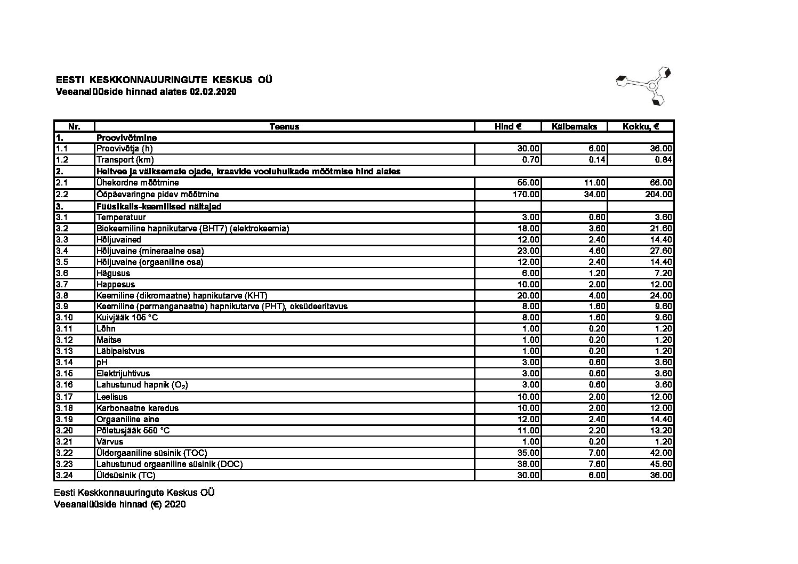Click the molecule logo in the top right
pyautogui.click(x=643, y=85)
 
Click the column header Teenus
pyautogui.click(x=284, y=127)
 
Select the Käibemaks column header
pyautogui.click(x=575, y=127)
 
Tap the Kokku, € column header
pyautogui.click(x=641, y=127)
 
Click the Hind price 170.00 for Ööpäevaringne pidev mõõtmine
pyautogui.click(x=526, y=195)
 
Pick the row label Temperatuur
pyautogui.click(x=121, y=217)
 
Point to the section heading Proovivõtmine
pyautogui.click(x=126, y=138)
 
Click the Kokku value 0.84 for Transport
pyautogui.click(x=664, y=160)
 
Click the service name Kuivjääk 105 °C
pyautogui.click(x=127, y=317)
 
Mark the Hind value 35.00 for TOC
pyautogui.click(x=528, y=453)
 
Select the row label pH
pyautogui.click(x=101, y=362)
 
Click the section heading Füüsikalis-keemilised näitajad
pyautogui.click(x=159, y=206)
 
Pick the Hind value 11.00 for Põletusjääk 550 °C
pyautogui.click(x=528, y=431)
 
